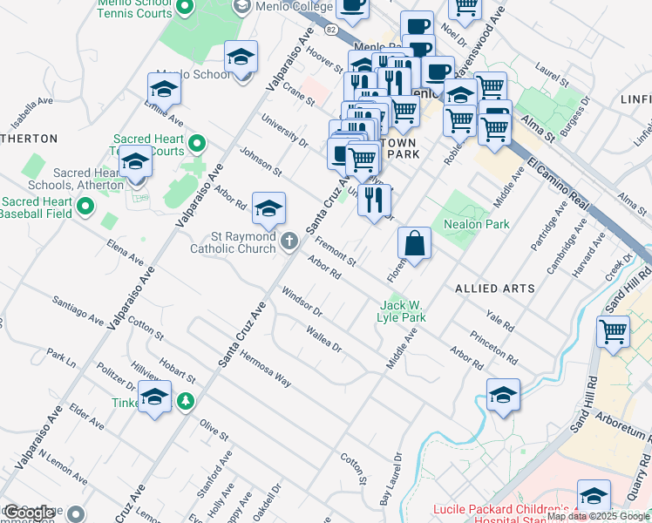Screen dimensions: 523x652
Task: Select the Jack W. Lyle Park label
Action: (403, 311)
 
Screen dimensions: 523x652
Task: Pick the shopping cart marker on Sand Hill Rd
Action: (613, 332)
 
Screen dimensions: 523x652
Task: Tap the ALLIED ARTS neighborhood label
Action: (489, 288)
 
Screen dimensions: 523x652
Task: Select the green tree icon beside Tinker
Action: (185, 401)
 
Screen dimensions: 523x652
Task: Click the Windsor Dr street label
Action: (302, 300)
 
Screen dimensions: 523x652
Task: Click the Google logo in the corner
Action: (30, 513)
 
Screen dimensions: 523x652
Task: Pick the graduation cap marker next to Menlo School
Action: (241, 58)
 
